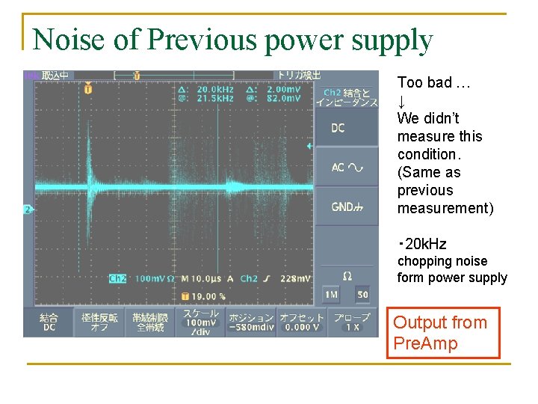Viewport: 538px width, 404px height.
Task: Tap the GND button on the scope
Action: tap(345, 206)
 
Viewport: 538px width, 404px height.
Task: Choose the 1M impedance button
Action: tap(331, 295)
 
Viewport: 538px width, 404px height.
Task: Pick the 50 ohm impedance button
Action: tap(362, 295)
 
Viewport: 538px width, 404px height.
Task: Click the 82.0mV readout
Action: tap(285, 98)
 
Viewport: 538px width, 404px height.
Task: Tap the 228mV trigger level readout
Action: tap(296, 278)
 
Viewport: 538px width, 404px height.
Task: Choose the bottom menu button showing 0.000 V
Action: tap(300, 322)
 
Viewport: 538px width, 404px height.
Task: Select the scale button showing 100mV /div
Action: tap(200, 322)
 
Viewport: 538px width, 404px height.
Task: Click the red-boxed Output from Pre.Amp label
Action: tap(442, 334)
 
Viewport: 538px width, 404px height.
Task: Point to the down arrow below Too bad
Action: tap(402, 101)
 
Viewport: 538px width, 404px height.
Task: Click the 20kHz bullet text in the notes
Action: tap(425, 244)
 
